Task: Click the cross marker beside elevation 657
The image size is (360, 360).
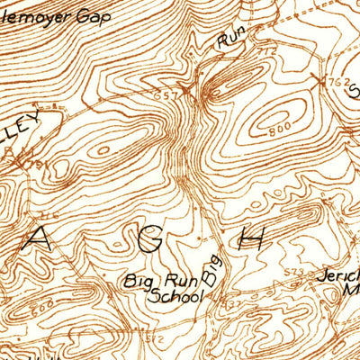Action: click(186, 90)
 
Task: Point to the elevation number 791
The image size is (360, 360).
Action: click(34, 164)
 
